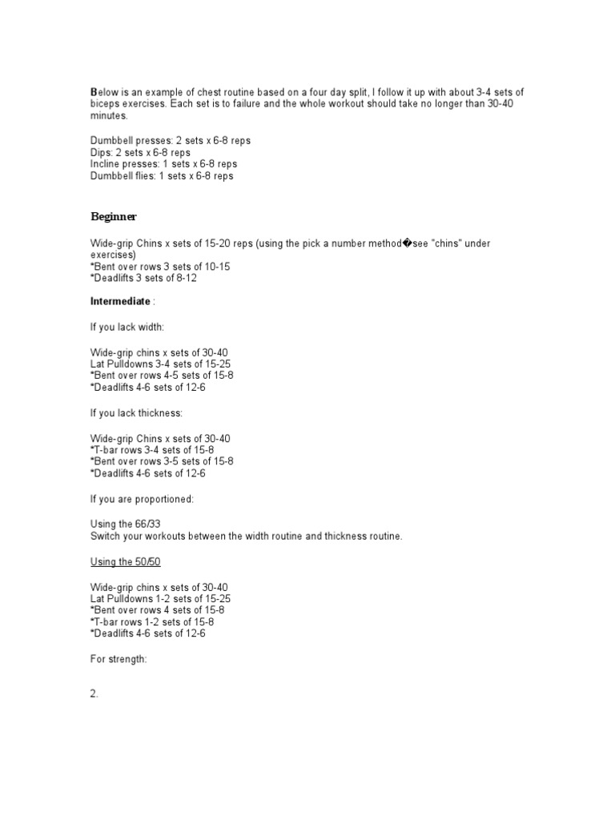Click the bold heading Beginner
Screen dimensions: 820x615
pyautogui.click(x=113, y=216)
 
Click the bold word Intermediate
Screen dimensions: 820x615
pyautogui.click(x=120, y=301)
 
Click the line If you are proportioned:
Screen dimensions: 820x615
pyautogui.click(x=142, y=499)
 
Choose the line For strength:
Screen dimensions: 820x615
pyautogui.click(x=119, y=659)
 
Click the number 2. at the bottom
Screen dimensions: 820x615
pyautogui.click(x=94, y=694)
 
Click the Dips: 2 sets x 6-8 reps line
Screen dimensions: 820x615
pyautogui.click(x=140, y=152)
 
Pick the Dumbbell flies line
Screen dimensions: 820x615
pyautogui.click(x=162, y=176)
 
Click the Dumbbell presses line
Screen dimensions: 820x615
pyautogui.click(x=170, y=140)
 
